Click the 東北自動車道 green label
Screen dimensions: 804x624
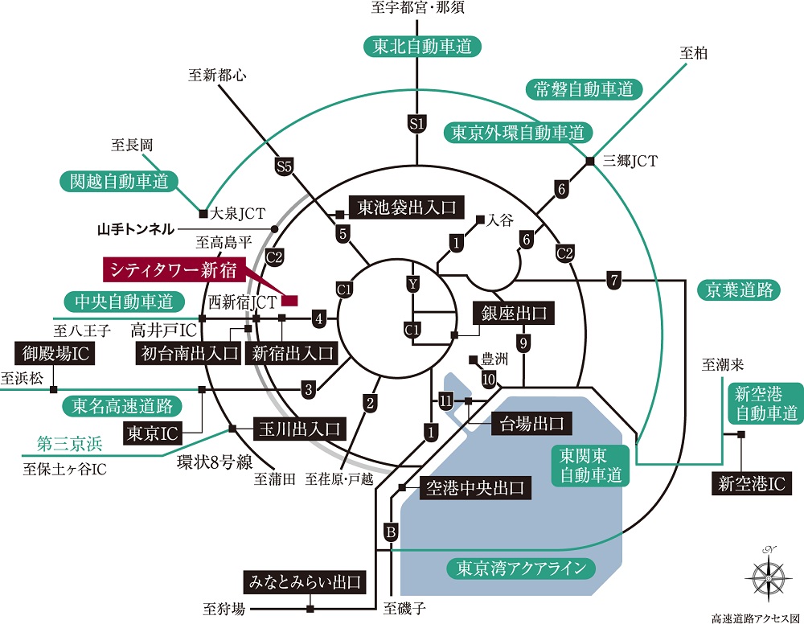click(x=423, y=47)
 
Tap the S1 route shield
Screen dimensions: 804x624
click(x=416, y=124)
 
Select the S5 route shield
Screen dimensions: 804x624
click(x=284, y=166)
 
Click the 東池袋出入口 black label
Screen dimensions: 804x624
click(x=407, y=207)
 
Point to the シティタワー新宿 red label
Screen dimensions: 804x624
click(x=174, y=269)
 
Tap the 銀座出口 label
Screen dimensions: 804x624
click(x=514, y=313)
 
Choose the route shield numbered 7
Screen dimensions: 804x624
click(x=613, y=281)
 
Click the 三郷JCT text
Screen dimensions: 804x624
click(x=630, y=161)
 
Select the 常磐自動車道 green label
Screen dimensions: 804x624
click(x=584, y=90)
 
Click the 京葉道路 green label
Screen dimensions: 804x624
click(x=739, y=290)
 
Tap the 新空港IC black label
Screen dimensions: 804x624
click(x=752, y=483)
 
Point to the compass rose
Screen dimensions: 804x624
click(x=768, y=576)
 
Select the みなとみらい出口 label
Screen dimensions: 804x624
click(x=305, y=582)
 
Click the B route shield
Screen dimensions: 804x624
click(x=391, y=532)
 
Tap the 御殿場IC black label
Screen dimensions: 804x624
click(x=55, y=353)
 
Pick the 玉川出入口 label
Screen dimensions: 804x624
click(x=300, y=429)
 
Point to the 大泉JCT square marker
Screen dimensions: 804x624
click(x=203, y=214)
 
